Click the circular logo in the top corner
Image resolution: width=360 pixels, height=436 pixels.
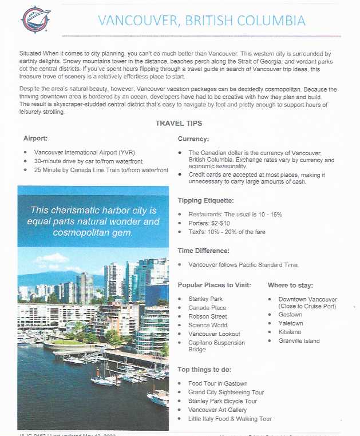[35, 19]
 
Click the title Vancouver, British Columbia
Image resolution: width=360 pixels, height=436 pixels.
[201, 21]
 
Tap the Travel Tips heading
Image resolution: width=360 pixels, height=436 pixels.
[179, 123]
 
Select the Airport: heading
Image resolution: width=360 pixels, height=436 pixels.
[36, 138]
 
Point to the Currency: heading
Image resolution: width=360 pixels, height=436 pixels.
[193, 138]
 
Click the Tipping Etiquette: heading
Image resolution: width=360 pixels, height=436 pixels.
[205, 200]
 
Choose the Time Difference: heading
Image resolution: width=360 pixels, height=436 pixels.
[203, 251]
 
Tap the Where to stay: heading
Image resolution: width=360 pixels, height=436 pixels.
[290, 285]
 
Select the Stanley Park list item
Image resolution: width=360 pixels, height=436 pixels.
[205, 299]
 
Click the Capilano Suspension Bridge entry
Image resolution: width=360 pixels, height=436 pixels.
[216, 346]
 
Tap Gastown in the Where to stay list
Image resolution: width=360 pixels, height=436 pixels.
[290, 315]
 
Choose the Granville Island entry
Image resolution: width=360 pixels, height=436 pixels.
[299, 341]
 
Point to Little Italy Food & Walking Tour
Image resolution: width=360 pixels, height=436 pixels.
[230, 419]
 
